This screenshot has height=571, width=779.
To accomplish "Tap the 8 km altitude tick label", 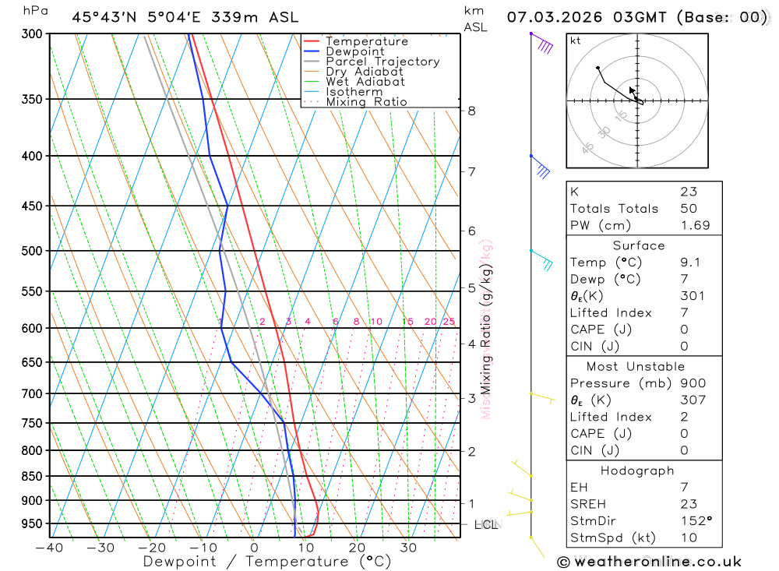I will pos(471,111).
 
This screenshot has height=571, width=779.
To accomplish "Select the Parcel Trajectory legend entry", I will pos(382,62).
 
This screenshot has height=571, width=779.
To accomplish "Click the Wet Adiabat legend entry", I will pos(365,82).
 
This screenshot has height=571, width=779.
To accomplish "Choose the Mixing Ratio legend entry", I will pos(366,102).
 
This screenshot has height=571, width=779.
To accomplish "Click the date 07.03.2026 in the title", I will pos(550,16).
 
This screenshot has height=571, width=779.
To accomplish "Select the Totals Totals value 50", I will pos(688,209).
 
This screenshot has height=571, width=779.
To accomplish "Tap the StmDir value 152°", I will pos(692,521).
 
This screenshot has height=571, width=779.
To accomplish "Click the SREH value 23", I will pos(688,504).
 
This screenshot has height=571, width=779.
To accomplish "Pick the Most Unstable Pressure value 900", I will pos(691,383).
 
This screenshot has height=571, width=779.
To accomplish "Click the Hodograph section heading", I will pos(637,471).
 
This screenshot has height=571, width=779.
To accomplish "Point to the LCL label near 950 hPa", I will pos(486,525).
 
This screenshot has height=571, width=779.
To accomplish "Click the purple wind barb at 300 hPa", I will pos(542,43).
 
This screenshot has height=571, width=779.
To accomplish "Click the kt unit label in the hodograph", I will pos(576,41).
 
